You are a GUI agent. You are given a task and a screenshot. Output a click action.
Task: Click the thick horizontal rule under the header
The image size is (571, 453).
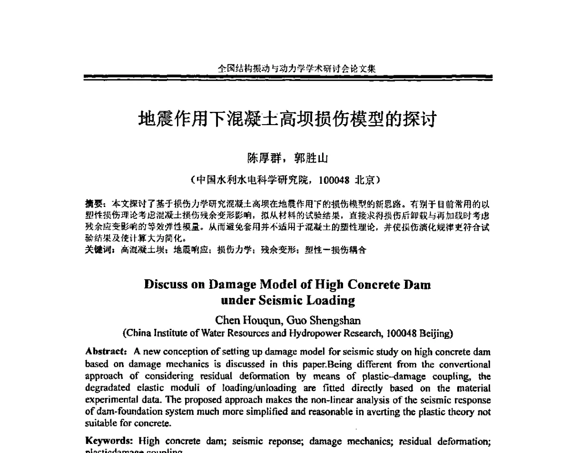288,77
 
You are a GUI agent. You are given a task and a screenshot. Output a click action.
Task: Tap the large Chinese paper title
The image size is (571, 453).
287,119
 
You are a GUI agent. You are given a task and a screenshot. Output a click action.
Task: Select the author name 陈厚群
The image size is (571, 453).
261,158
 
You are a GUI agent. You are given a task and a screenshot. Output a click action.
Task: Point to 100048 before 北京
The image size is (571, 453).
335,180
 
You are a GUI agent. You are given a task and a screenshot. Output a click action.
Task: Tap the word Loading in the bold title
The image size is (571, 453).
330,301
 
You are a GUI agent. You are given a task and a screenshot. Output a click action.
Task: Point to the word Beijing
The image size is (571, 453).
435,333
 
